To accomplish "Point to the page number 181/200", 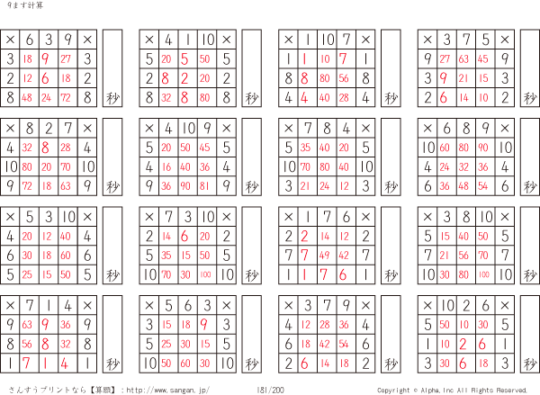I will click(271, 389).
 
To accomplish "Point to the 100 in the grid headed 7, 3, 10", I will click(206, 274).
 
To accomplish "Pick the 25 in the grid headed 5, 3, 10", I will click(28, 274).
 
